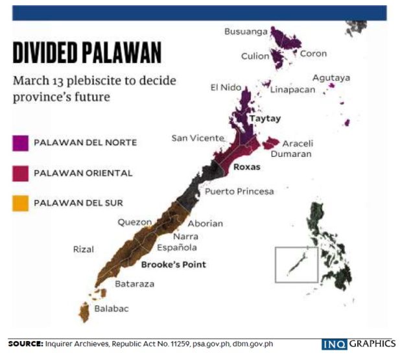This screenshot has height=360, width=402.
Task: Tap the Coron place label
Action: [x=313, y=54]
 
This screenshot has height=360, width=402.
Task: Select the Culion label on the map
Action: [x=255, y=56]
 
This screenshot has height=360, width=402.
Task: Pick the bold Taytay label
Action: [x=265, y=119]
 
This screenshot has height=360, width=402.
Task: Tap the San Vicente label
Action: [x=198, y=138]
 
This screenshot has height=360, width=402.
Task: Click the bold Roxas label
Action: [x=246, y=167]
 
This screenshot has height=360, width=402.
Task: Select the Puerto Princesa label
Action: [x=239, y=191]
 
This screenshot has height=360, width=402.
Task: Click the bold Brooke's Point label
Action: [x=173, y=264]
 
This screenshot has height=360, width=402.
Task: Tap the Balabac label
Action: [x=112, y=309]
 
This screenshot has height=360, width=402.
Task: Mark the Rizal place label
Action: [x=84, y=249]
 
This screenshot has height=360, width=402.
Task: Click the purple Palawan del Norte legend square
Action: [x=20, y=142]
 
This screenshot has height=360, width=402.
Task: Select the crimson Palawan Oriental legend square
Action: [x=20, y=173]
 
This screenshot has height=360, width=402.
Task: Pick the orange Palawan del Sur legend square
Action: [x=20, y=203]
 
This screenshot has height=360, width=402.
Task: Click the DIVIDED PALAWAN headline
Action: [x=87, y=53]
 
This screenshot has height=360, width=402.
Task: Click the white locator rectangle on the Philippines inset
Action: [x=296, y=264]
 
